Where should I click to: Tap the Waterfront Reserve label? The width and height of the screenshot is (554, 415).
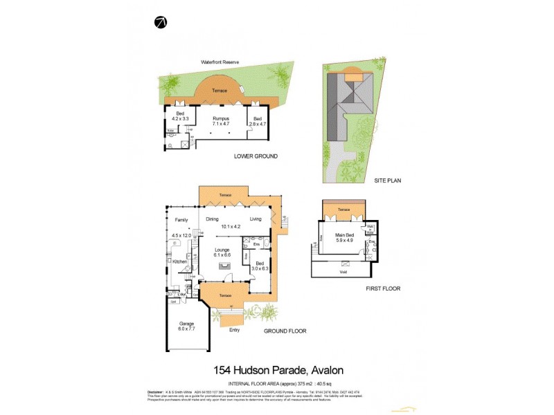(x=220, y=62)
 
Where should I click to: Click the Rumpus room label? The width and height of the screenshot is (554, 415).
(x=220, y=119)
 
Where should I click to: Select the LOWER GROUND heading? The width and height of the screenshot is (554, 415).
(x=256, y=156)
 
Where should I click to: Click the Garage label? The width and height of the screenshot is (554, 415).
(x=186, y=323)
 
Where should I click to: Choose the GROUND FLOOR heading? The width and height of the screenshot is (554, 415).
(x=285, y=331)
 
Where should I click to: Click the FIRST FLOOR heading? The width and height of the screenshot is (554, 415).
(x=383, y=288)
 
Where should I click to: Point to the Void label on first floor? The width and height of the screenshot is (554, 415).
(x=344, y=270)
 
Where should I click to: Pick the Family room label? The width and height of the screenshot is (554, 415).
(x=181, y=220)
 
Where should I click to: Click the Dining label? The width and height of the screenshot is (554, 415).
(x=212, y=219)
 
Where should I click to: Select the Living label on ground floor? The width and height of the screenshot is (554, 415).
(x=256, y=219)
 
